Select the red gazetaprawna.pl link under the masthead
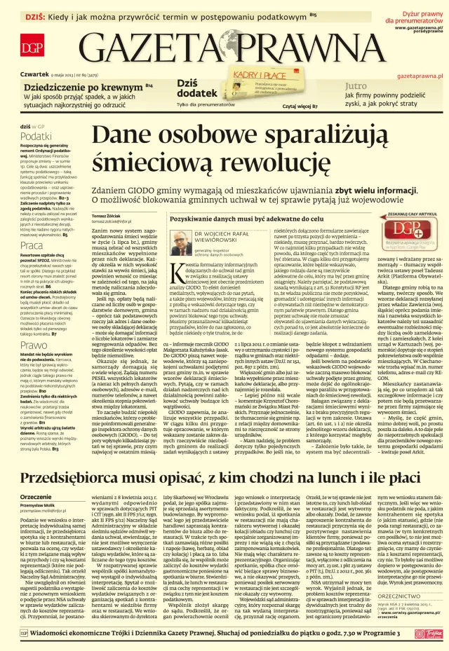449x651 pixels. coord(419,74)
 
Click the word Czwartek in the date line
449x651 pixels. coord(34,74)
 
